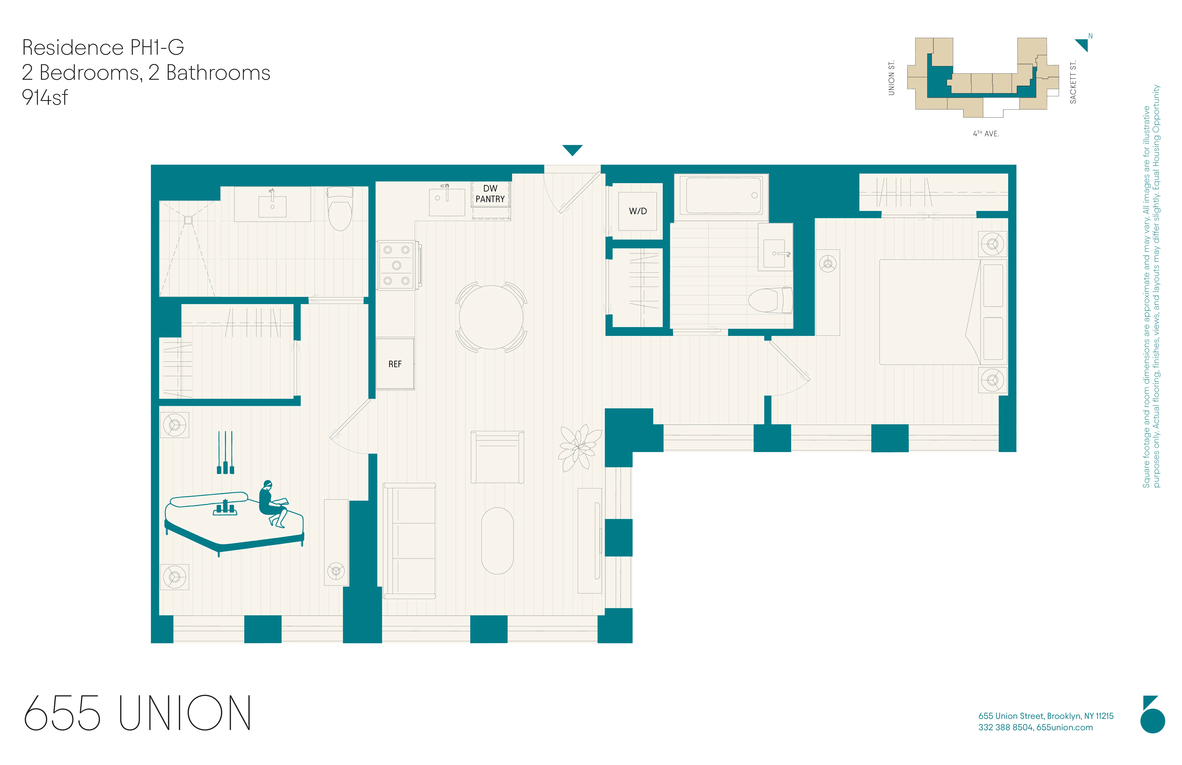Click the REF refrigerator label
coord(395,364)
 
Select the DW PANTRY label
coord(490,194)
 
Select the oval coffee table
coord(497,540)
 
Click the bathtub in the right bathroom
coord(723,195)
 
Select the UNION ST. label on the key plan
coord(891,78)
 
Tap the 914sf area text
coord(45,97)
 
